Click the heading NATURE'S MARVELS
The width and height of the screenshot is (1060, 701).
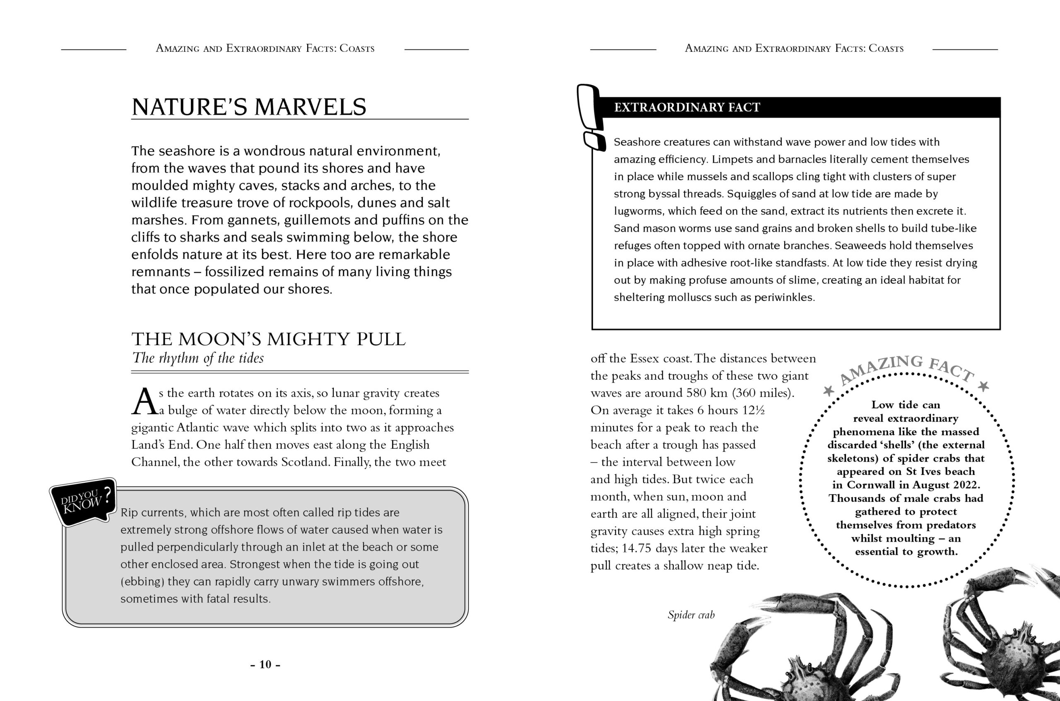pyautogui.click(x=248, y=107)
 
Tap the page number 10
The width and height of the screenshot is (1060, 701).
pyautogui.click(x=265, y=664)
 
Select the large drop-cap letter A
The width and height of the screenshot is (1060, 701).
pyautogui.click(x=145, y=402)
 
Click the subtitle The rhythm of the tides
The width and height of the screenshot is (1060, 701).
pyautogui.click(x=198, y=358)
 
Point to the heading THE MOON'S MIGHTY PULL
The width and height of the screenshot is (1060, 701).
pyautogui.click(x=268, y=340)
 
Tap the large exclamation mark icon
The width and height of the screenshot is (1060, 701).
pyautogui.click(x=590, y=116)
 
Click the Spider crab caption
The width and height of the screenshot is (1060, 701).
pyautogui.click(x=691, y=615)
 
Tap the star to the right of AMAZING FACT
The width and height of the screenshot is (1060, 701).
pyautogui.click(x=983, y=386)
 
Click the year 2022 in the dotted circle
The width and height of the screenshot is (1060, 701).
pyautogui.click(x=965, y=484)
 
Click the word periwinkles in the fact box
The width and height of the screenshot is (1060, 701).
pyautogui.click(x=784, y=298)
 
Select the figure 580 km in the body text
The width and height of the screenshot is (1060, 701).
pyautogui.click(x=706, y=393)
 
